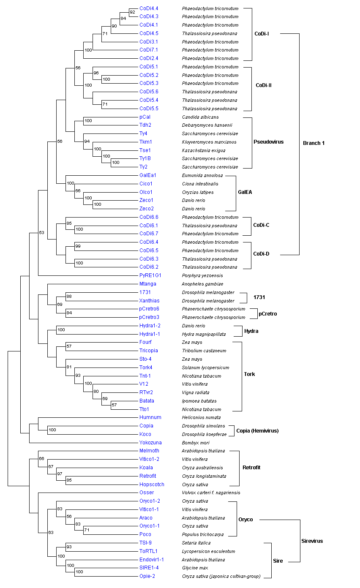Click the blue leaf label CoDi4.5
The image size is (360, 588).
(149, 33)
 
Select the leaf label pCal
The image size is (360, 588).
(145, 117)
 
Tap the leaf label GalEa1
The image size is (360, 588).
(148, 175)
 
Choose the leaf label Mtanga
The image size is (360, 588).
(147, 284)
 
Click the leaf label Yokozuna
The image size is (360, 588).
(150, 443)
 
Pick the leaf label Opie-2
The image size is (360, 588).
(147, 576)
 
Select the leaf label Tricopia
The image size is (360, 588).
(148, 351)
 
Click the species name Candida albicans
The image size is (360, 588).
(200, 117)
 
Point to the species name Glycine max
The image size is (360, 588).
(195, 568)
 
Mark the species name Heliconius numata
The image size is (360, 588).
(201, 417)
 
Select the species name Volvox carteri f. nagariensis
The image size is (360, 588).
(211, 493)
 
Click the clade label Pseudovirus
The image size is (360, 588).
(269, 142)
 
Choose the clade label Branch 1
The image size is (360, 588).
(314, 143)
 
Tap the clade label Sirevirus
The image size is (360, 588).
(312, 541)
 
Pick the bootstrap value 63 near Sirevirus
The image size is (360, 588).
(51, 533)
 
